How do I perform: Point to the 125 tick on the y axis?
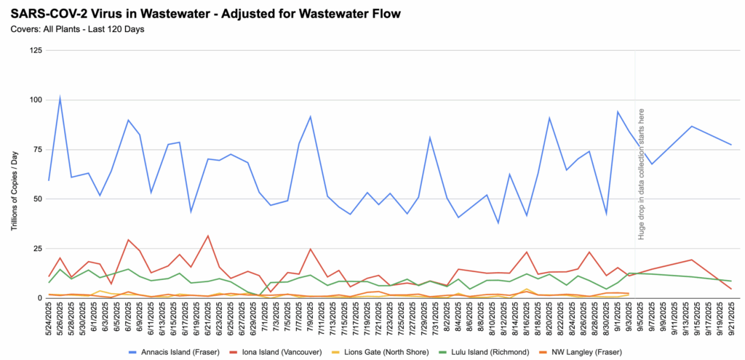tap(34, 51)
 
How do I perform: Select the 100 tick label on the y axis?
tap(34, 100)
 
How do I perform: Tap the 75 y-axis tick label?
tap(36, 149)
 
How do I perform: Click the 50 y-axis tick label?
tap(36, 199)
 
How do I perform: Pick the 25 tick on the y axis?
tap(36, 249)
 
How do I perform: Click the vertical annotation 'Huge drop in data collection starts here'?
tap(642, 175)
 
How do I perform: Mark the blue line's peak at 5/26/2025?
tap(60, 97)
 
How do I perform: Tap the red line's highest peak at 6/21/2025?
tap(208, 236)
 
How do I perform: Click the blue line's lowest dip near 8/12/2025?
tap(498, 223)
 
